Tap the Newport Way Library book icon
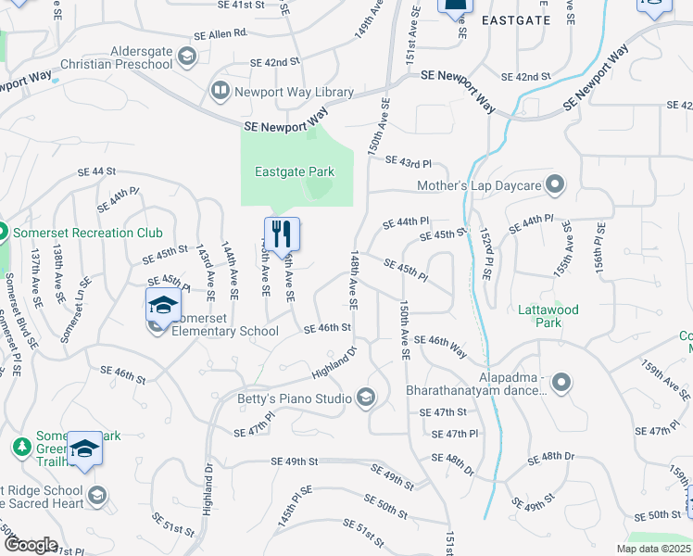tap(220, 91)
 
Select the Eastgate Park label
tap(295, 171)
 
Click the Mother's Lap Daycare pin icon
tap(555, 185)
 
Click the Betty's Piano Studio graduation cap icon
tap(366, 398)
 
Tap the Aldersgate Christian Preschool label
tap(117, 57)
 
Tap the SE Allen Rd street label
tap(220, 33)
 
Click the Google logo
tap(30, 545)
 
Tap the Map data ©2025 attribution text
tap(652, 549)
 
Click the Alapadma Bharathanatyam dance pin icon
tap(560, 381)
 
